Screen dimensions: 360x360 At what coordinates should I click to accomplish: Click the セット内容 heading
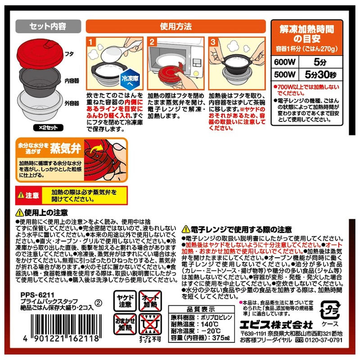pyautogui.click(x=47, y=26)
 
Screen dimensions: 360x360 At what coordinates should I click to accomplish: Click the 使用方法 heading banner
pyautogui.click(x=175, y=26)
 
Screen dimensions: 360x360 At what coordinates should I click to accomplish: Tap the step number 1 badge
pyautogui.click(x=91, y=42)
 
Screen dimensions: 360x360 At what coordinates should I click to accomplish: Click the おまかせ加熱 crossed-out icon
pyautogui.click(x=122, y=324)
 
